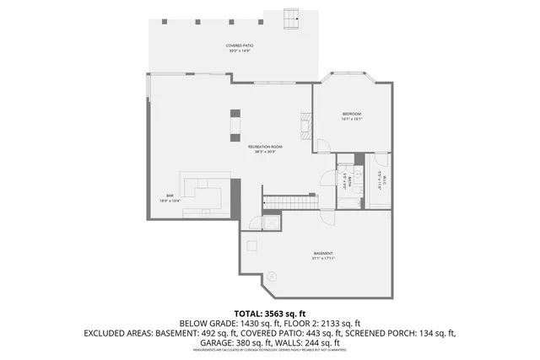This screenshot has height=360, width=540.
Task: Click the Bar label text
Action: pos(169,199)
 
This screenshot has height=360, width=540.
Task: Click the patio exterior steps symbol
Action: pos(293,17)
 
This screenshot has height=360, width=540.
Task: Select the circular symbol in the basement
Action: pos(272,276)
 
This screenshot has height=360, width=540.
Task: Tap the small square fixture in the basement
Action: pos(251,245)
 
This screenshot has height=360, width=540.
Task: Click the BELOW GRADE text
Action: pos(208,323)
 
